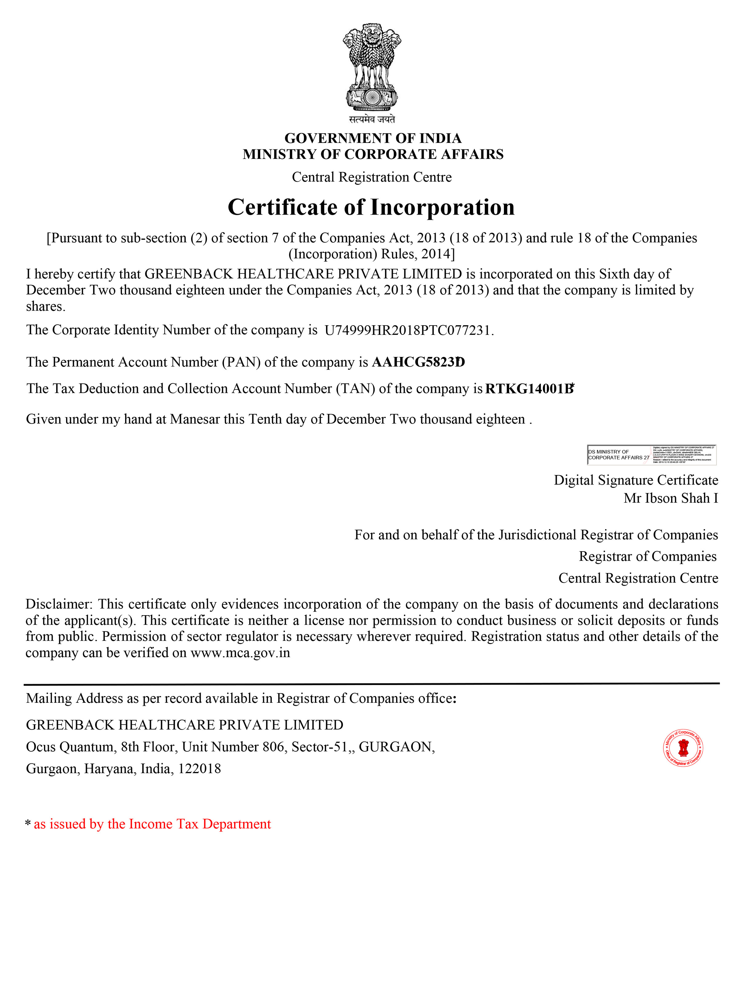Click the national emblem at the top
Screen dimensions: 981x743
click(371, 66)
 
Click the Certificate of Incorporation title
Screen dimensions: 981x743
click(371, 207)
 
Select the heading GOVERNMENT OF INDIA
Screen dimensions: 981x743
click(373, 138)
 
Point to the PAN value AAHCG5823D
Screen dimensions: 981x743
click(418, 362)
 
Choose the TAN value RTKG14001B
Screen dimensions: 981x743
click(529, 389)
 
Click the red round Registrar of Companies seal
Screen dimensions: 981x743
click(683, 748)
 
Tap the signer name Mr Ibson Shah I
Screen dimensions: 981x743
click(670, 498)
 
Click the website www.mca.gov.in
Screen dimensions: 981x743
click(240, 653)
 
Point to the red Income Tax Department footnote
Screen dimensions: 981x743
click(152, 824)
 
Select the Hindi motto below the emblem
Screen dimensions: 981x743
click(371, 119)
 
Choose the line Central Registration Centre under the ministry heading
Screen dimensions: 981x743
click(371, 177)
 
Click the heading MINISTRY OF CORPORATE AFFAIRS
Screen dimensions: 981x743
click(373, 154)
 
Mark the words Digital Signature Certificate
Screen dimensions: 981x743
click(636, 480)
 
